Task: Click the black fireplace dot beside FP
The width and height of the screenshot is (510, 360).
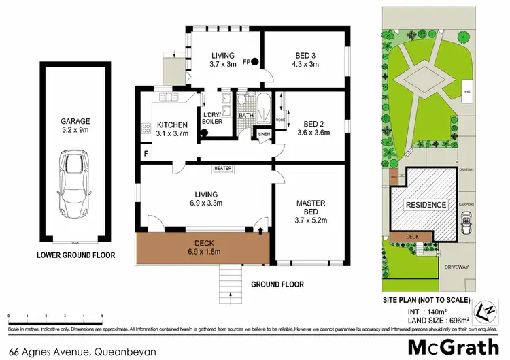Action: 255,62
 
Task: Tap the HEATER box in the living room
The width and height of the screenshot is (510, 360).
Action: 223,168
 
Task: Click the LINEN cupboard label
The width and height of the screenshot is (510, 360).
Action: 265,134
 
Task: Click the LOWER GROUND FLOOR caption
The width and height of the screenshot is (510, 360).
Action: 75,256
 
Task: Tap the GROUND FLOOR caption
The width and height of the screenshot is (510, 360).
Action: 277,284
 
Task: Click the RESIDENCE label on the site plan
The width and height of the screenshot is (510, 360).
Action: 426,205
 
